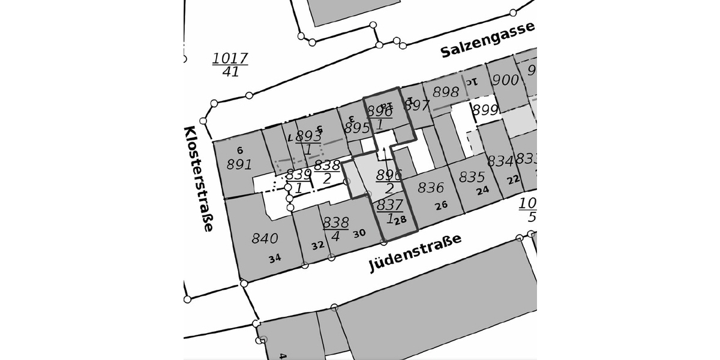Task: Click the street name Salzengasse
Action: (x=487, y=40)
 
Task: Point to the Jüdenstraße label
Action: (x=415, y=252)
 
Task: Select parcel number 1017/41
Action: (x=230, y=65)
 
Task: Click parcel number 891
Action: (x=239, y=164)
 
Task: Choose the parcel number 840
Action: (x=265, y=238)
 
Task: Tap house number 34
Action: (x=275, y=259)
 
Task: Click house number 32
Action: (x=318, y=245)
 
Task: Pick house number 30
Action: (x=359, y=233)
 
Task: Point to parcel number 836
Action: (x=431, y=188)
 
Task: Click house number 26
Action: (x=442, y=205)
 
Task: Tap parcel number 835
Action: (x=472, y=177)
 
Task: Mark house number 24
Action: (x=483, y=191)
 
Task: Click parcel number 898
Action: (x=446, y=92)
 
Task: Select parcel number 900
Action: (x=505, y=80)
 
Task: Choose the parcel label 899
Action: (x=485, y=110)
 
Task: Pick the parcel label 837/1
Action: (x=389, y=212)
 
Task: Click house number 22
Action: (x=513, y=180)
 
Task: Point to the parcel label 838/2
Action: (x=327, y=172)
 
